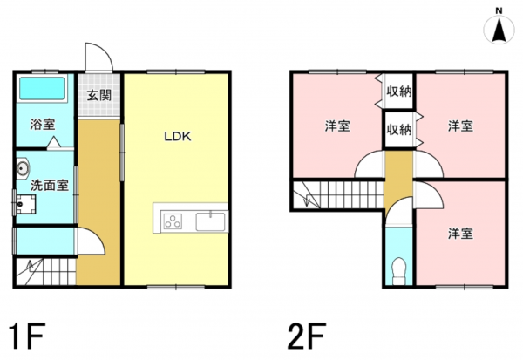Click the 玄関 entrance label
(x=98, y=96)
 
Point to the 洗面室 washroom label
(x=51, y=186)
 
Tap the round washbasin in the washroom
(x=24, y=167)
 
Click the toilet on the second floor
(x=399, y=271)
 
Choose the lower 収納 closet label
(x=399, y=130)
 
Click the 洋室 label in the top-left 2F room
(x=337, y=126)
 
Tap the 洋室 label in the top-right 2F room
(x=460, y=126)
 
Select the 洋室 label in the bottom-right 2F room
(x=460, y=233)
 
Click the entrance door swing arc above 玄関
(x=99, y=58)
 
